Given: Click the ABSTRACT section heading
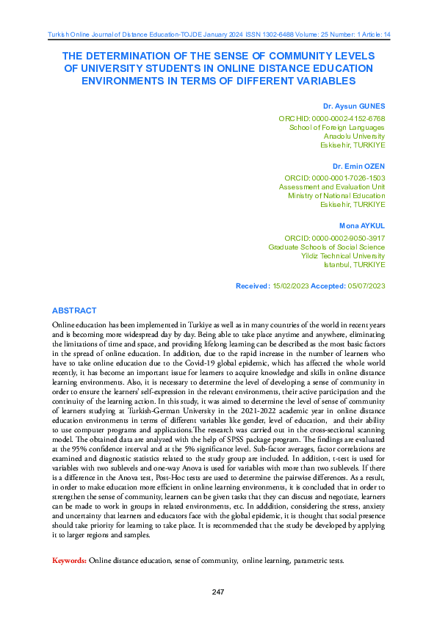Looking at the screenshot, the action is pos(74,310).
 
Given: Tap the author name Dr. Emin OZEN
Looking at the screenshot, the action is pos(358,166).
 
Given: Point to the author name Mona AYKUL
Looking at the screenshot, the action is pos(362,226).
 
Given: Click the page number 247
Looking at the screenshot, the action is pos(217,592).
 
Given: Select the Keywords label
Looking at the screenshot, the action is pos(69,561).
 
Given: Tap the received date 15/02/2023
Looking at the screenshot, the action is pos(291,286).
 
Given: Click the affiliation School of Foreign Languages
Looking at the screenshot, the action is pos(337,127).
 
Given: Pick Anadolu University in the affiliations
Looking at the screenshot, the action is pos(354,136).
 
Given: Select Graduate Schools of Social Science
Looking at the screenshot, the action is pos(326,247).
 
